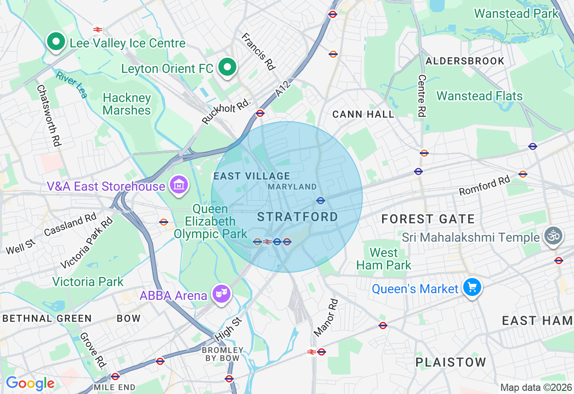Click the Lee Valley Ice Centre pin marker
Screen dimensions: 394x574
56,42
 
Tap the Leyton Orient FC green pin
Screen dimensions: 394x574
227,68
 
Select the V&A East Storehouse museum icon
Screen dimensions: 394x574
179,184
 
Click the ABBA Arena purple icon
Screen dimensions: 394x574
222,294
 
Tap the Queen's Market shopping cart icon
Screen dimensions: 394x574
472,287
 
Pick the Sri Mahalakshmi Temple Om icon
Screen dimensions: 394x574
553,236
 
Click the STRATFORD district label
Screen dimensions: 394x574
297,217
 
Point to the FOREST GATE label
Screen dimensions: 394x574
428,219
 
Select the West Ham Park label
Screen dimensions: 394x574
384,259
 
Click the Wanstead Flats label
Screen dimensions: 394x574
479,96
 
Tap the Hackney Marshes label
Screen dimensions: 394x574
126,104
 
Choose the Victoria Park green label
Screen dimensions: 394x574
87,282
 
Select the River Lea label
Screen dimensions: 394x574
72,85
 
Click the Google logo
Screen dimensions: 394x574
30,383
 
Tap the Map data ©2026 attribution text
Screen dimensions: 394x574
536,387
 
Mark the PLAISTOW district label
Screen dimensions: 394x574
450,362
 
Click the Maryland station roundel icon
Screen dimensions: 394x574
320,200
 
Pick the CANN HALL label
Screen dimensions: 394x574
363,115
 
